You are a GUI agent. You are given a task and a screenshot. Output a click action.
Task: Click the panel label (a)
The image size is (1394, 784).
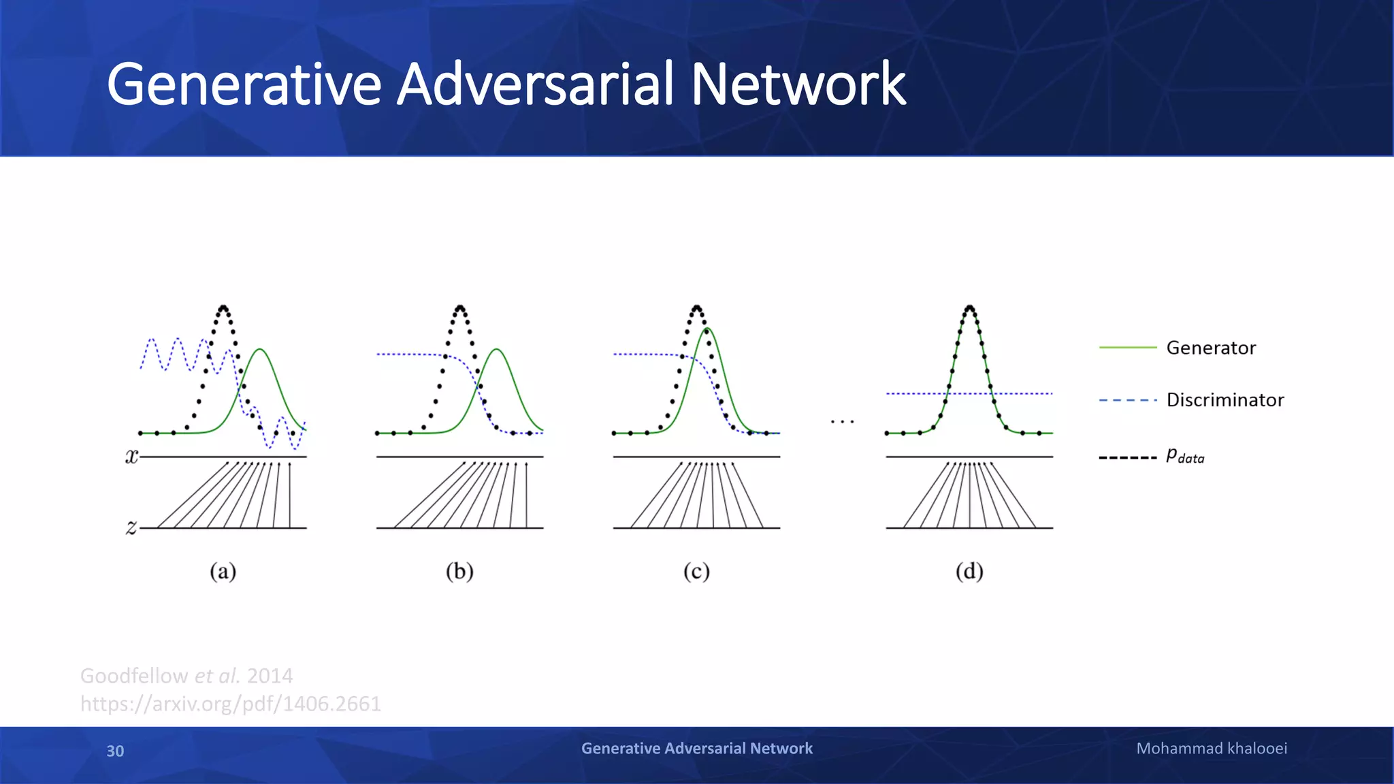(223, 571)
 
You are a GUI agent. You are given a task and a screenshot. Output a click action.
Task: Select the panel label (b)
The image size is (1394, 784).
(459, 571)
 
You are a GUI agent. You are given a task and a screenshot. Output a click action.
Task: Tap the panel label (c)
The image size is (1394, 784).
(696, 571)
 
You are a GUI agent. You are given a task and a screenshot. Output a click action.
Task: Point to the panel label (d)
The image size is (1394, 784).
(969, 571)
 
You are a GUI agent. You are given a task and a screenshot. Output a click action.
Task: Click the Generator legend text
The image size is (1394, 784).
(1211, 348)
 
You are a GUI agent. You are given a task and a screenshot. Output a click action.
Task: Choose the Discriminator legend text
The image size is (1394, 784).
(1225, 399)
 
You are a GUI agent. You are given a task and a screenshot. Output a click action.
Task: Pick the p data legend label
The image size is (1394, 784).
(1185, 456)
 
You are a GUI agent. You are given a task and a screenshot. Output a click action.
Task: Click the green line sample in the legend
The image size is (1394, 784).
(1128, 348)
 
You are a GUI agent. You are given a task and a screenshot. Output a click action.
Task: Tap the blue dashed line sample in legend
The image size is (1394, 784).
(1128, 400)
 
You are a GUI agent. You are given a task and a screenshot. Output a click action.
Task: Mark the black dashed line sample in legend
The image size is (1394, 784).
(1128, 457)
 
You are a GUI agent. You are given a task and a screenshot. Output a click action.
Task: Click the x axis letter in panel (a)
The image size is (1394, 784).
(131, 457)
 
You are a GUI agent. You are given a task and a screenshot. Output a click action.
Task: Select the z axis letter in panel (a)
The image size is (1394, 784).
(131, 527)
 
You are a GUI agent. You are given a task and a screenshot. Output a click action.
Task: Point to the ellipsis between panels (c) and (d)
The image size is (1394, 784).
(842, 422)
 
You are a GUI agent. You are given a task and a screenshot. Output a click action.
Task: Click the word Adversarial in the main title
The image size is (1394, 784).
(536, 84)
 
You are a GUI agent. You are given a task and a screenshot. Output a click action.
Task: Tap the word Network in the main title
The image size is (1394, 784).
(798, 84)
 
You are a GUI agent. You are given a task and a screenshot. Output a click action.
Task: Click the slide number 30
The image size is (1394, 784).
(115, 751)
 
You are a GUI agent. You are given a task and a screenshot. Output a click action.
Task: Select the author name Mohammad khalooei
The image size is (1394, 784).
(1212, 749)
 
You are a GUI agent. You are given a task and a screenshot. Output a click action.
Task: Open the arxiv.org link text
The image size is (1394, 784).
(230, 704)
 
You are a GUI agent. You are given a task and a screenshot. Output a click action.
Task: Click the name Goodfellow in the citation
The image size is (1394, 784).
(133, 676)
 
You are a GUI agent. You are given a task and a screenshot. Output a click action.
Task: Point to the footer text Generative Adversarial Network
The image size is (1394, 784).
(696, 749)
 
